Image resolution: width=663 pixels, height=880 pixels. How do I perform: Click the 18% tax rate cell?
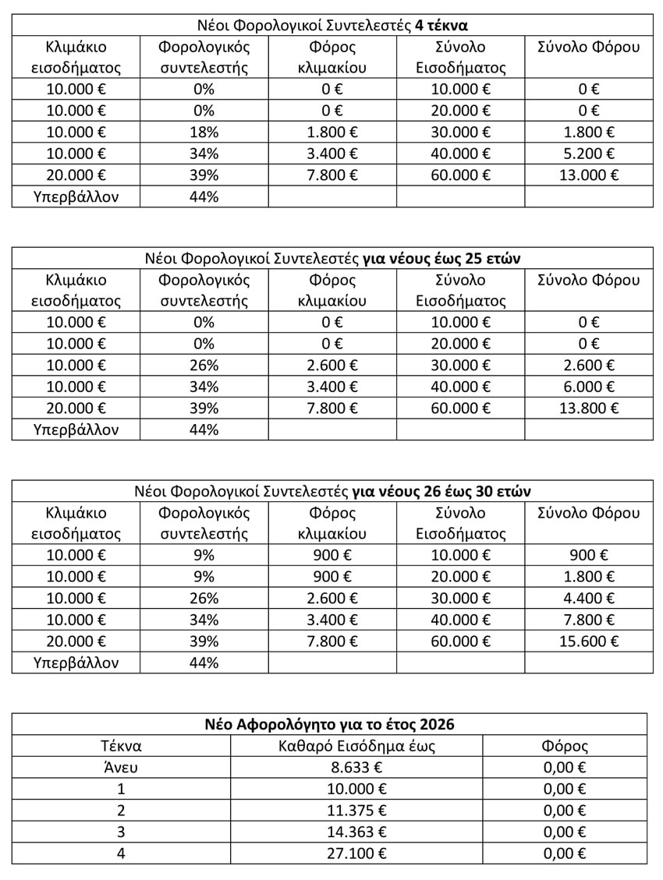[x=204, y=132]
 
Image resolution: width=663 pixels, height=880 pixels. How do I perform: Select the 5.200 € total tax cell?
[x=588, y=154]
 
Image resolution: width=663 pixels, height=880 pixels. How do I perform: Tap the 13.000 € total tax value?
[x=588, y=175]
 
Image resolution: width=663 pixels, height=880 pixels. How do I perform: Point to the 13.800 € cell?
[x=588, y=408]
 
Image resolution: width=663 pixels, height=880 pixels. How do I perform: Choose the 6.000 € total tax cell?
[x=588, y=387]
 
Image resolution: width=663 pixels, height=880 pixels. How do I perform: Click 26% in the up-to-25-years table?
[x=204, y=366]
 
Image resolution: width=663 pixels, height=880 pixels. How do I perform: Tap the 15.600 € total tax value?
[x=588, y=641]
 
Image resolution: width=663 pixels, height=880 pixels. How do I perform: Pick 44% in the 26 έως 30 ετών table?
[x=204, y=663]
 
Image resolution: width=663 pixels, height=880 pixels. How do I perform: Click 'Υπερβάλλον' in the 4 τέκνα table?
[x=76, y=196]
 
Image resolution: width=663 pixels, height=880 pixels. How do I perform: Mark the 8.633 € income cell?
[x=356, y=768]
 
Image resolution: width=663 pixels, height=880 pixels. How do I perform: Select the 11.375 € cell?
[x=356, y=810]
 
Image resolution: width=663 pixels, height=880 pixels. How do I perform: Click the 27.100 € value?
[x=356, y=853]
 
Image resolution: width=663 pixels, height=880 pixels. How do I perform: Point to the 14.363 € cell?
[x=356, y=832]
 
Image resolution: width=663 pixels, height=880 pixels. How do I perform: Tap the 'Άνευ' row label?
[x=121, y=768]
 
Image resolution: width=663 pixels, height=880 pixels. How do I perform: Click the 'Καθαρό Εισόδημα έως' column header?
[x=356, y=746]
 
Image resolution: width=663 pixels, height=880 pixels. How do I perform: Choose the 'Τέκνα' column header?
[x=121, y=746]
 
